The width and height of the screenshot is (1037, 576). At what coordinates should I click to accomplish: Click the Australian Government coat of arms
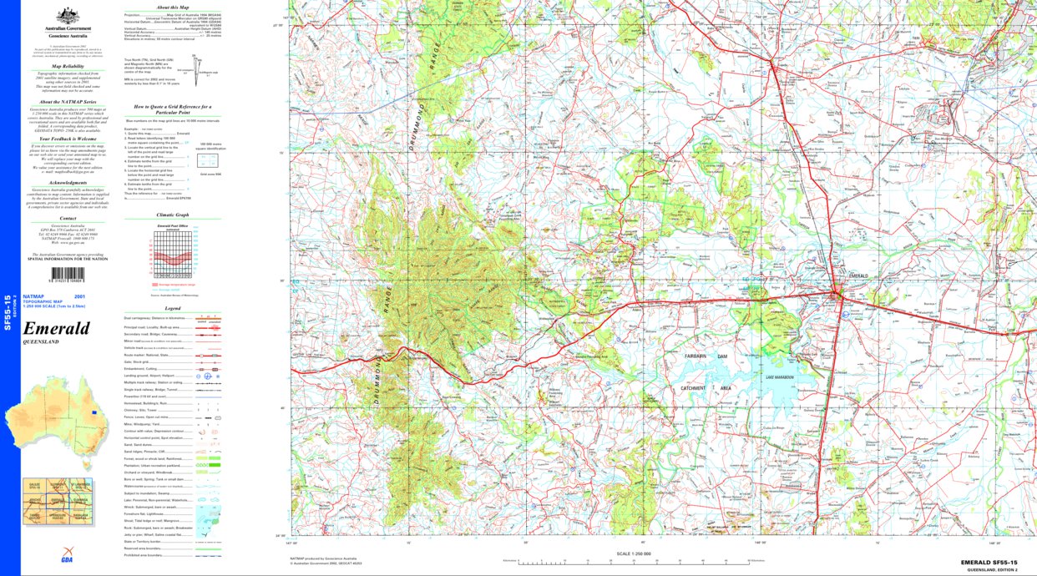[68, 16]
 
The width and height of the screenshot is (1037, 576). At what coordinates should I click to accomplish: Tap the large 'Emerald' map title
[56, 328]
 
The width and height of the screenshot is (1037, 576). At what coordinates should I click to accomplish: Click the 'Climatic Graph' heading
[174, 215]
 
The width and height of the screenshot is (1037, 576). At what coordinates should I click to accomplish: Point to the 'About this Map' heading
[174, 7]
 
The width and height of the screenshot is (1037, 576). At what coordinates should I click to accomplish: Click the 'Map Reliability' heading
[68, 65]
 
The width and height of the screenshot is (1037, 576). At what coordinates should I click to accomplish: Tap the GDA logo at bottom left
[66, 558]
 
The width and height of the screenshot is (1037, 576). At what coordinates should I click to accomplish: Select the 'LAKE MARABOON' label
[780, 378]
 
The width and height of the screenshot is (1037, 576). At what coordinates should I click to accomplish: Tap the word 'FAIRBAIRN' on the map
[701, 356]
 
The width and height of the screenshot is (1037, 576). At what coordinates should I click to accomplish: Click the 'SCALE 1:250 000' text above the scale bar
[632, 553]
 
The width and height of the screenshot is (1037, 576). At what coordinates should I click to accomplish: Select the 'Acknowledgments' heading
[68, 182]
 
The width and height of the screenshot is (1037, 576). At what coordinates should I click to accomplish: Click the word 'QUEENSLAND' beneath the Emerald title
[41, 342]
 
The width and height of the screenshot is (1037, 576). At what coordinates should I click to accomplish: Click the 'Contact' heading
[68, 218]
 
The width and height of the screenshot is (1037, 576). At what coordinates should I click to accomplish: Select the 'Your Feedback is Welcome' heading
[68, 139]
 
